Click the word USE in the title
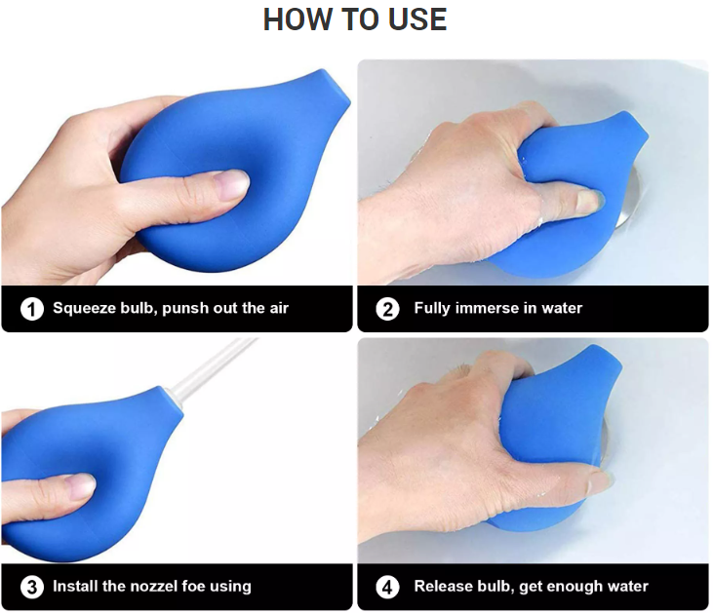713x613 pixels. click(x=417, y=19)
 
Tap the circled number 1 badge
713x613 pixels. click(x=32, y=309)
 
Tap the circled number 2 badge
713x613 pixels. click(x=387, y=309)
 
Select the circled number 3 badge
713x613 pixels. click(x=32, y=587)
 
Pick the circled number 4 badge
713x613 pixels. click(x=387, y=587)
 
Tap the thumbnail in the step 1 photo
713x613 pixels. click(x=233, y=184)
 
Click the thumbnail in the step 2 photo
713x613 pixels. click(x=590, y=201)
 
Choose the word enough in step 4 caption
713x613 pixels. click(x=571, y=587)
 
